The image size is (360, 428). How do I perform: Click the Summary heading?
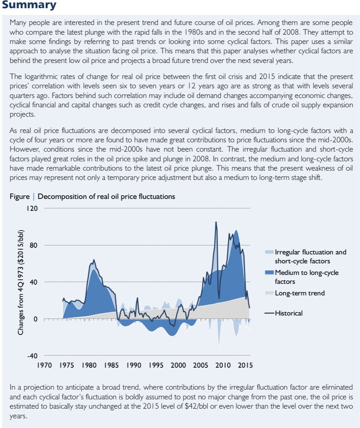click(29, 5)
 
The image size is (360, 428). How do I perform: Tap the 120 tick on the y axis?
click(32, 208)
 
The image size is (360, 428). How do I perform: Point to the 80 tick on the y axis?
click(34, 245)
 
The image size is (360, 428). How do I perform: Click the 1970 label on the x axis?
click(44, 365)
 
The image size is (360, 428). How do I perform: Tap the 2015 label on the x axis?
click(245, 365)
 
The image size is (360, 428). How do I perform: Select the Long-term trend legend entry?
click(300, 293)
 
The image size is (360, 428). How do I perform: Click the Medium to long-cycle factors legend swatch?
click(269, 273)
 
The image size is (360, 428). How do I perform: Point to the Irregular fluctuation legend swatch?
click(269, 252)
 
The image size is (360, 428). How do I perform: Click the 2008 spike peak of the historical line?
click(216, 222)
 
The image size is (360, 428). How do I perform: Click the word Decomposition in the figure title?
click(61, 196)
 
